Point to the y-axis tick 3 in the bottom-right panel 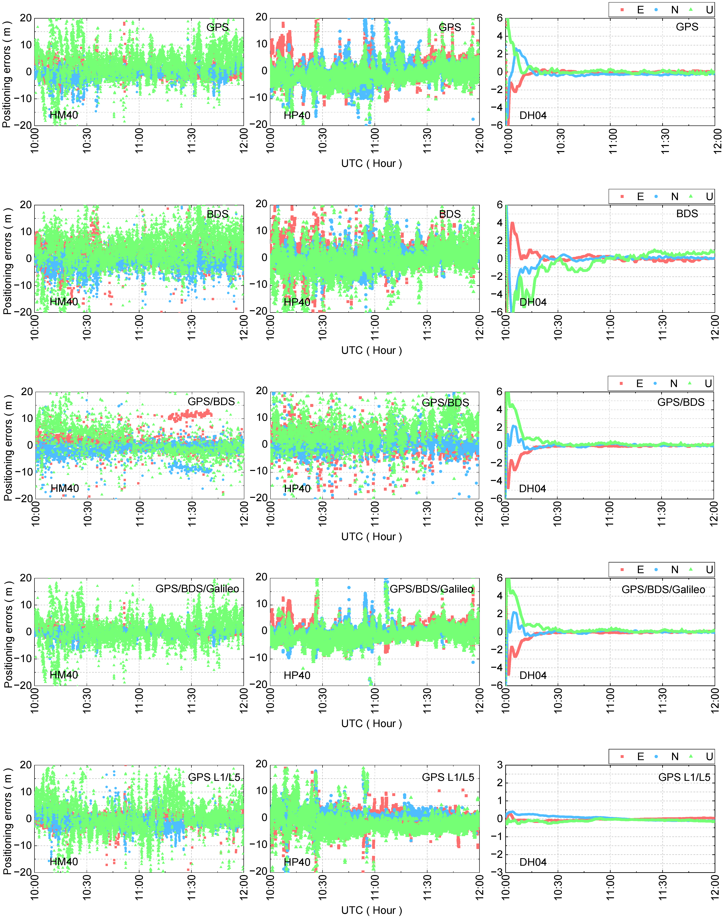pyautogui.click(x=500, y=765)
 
